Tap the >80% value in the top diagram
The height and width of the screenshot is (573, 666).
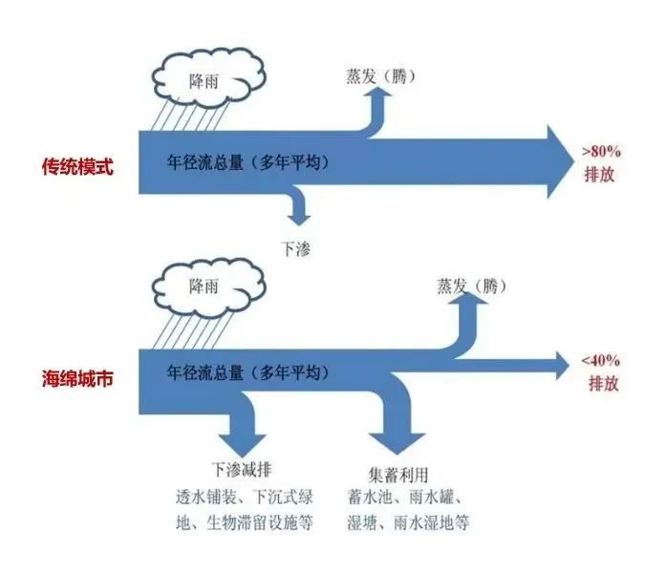pos(602,151)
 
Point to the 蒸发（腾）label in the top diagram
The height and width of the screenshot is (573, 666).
pos(380,75)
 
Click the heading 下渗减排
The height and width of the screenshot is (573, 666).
pos(240,472)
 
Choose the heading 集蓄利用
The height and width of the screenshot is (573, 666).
pos(398,475)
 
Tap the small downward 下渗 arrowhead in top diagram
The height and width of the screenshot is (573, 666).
pos(296,215)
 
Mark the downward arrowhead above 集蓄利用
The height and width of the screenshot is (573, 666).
pos(397,442)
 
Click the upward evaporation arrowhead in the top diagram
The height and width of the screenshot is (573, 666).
pos(379,97)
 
